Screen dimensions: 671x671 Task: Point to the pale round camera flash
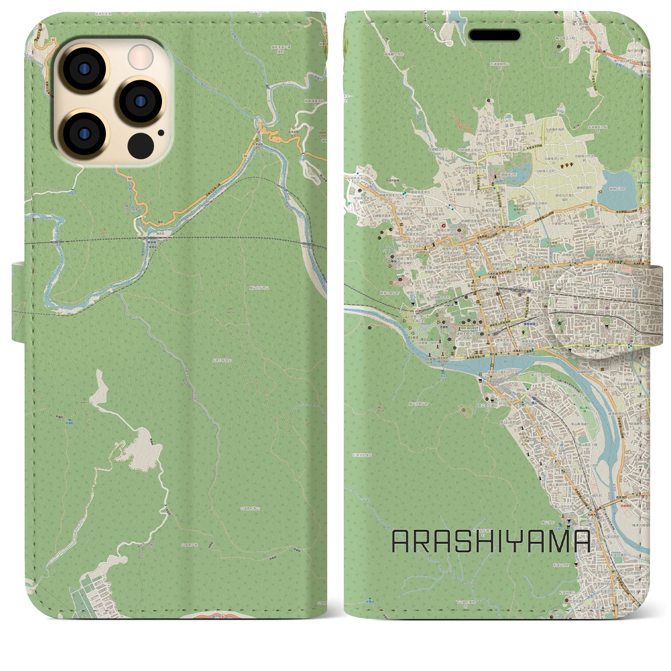pyautogui.click(x=140, y=56)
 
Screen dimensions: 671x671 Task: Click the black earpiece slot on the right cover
pyautogui.click(x=494, y=35)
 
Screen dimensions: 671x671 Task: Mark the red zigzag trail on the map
pyautogui.click(x=461, y=125)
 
